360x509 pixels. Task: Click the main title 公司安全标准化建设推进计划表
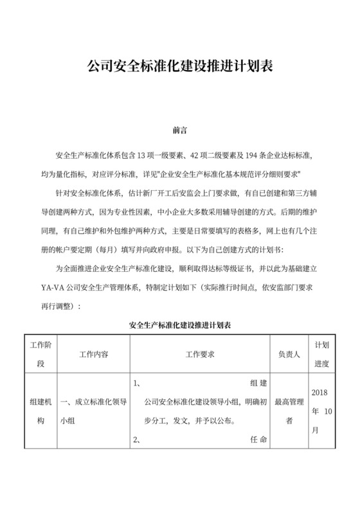coord(179,66)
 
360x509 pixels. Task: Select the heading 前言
coord(180,130)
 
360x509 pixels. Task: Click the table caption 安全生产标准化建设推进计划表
coord(180,325)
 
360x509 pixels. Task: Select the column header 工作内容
coord(93,354)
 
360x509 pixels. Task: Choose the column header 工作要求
coord(200,354)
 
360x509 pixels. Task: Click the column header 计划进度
coord(321,354)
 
